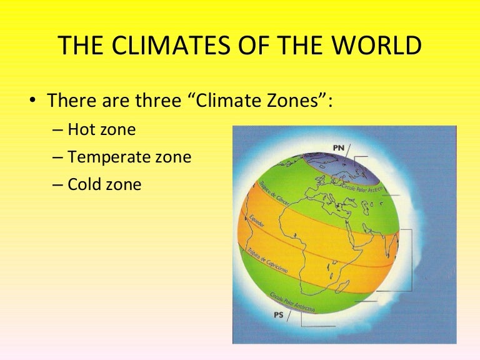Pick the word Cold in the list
click(82, 185)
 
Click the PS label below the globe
click(278, 315)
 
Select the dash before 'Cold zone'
click(58, 186)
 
